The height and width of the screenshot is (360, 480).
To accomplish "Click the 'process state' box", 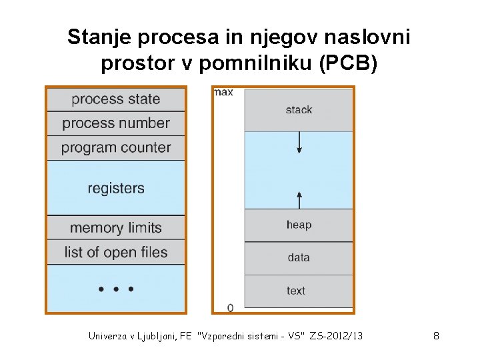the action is point(115,99).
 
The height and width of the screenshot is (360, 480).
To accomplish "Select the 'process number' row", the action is point(115,123).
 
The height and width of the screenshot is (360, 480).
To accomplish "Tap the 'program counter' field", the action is point(115,147).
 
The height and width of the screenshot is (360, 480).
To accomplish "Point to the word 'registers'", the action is point(115,188).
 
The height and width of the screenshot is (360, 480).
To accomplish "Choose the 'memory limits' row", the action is point(115,228).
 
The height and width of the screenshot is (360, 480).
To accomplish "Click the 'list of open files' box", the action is point(115,253).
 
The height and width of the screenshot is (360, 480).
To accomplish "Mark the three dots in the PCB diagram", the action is point(115,289).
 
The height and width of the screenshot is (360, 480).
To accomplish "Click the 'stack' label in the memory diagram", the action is point(299,110).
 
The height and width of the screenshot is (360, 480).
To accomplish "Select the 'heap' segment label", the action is point(299,225).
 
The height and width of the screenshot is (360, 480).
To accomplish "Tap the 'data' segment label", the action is point(299,257).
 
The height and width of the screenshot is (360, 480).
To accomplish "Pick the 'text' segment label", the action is point(296,291).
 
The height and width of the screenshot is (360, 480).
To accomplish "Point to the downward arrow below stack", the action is point(299,142).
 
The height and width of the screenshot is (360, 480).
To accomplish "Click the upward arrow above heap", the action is point(299,199).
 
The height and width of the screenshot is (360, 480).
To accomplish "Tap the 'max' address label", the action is point(223,92).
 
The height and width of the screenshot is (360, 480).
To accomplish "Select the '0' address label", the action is point(230,307).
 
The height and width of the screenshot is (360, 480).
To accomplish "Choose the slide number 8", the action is point(436,336).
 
